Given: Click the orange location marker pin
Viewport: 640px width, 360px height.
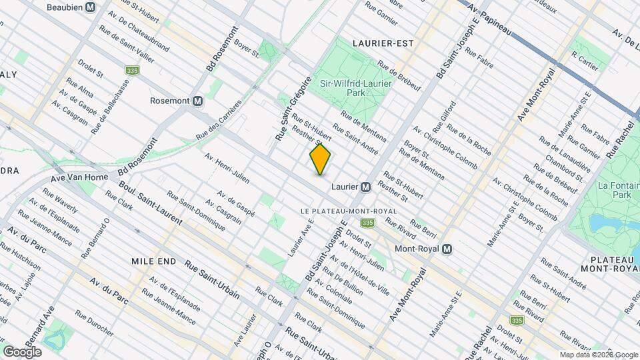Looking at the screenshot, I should click(x=321, y=159).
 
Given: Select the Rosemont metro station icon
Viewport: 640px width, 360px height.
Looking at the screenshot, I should click(x=198, y=101).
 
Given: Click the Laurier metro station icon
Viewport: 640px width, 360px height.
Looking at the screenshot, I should click(x=365, y=187).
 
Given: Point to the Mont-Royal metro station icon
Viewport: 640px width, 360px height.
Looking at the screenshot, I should click(x=447, y=249).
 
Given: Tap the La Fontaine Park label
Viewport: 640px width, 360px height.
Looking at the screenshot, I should click(x=613, y=190).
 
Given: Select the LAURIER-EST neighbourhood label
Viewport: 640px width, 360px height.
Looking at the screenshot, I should click(x=383, y=43).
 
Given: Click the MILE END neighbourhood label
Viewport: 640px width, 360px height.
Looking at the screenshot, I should click(x=154, y=261).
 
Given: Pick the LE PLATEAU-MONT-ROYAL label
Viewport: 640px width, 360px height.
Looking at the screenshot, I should click(x=349, y=211).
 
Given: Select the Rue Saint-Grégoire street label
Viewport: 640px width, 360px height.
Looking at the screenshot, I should click(x=293, y=108).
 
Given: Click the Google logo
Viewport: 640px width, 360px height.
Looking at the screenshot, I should click(x=22, y=351).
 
